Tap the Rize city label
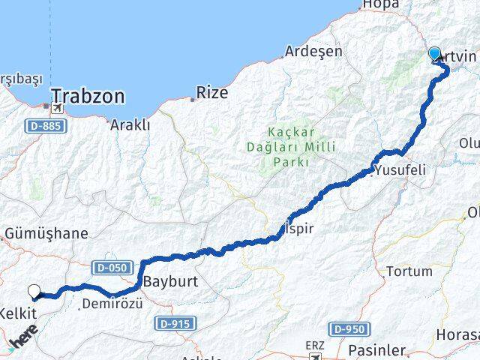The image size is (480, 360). (211, 94)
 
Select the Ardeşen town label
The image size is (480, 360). (313, 52)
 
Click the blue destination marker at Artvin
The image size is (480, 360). (435, 54)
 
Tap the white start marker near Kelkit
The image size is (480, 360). (34, 292)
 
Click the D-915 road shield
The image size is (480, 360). (175, 322)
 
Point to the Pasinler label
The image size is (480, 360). (377, 350)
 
